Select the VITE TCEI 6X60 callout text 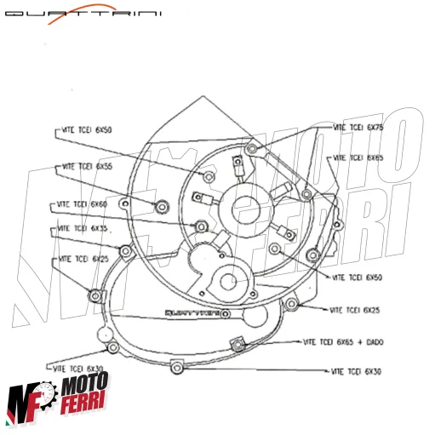tap(83, 204)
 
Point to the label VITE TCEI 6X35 tap(83, 229)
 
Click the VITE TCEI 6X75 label tap(358, 127)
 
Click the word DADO tap(375, 341)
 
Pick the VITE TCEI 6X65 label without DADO tap(358, 157)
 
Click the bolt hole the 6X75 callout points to tap(250, 151)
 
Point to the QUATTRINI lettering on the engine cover tap(196, 313)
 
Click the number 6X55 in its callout tap(104, 166)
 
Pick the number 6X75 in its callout tap(375, 127)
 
